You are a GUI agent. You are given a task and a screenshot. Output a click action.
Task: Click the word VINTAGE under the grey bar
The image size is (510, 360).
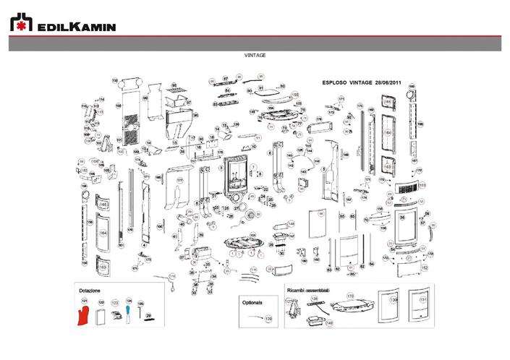click(255, 55)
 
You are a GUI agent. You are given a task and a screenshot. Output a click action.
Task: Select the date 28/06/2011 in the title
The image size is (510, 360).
click(388, 83)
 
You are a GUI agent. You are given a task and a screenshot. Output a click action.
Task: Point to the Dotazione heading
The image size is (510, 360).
click(89, 290)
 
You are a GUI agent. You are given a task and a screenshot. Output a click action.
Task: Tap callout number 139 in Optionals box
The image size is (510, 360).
click(269, 318)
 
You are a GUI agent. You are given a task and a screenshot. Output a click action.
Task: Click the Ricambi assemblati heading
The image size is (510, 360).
click(308, 289)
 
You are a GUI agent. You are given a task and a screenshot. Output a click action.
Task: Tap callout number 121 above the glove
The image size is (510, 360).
click(85, 300)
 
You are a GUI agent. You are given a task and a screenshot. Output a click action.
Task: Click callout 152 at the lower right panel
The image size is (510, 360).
click(424, 267)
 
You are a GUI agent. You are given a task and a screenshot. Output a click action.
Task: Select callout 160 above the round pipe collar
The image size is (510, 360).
click(412, 87)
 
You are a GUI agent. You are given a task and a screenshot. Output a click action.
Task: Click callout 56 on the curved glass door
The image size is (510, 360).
click(402, 218)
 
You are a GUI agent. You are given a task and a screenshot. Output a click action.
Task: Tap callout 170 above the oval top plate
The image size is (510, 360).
click(350, 296)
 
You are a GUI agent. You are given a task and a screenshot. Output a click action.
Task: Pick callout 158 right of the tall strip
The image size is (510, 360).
click(420, 124)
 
